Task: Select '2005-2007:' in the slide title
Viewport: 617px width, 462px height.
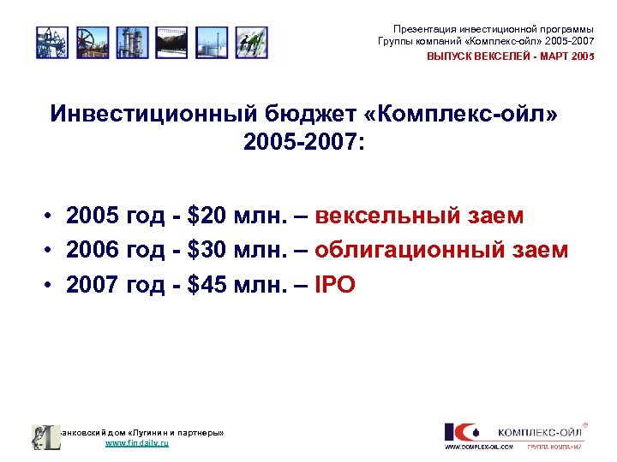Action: (303, 142)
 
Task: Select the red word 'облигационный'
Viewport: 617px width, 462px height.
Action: (408, 250)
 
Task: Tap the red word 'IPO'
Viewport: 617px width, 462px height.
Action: (335, 285)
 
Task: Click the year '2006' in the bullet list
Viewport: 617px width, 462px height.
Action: (93, 250)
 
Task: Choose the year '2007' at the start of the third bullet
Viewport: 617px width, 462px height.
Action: (93, 285)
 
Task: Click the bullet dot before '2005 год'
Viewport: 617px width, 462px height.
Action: (52, 216)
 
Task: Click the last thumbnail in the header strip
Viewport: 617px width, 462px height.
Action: (251, 42)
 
